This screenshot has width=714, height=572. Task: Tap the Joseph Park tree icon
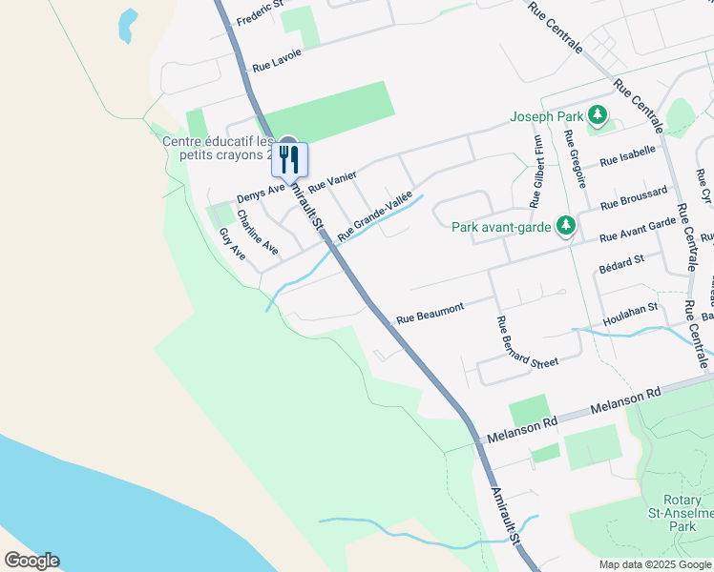(x=598, y=116)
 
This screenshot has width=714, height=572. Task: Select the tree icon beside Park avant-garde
(x=567, y=226)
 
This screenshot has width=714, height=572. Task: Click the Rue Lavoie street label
(x=277, y=60)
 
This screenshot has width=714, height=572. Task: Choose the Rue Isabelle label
(x=627, y=156)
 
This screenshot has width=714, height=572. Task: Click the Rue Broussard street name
(x=634, y=198)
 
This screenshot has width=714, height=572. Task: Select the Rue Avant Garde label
(x=638, y=230)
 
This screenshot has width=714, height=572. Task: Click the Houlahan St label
(x=631, y=311)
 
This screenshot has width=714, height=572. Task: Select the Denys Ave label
(x=261, y=193)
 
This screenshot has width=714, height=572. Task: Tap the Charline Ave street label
(x=258, y=233)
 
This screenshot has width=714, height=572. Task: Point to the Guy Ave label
(x=232, y=244)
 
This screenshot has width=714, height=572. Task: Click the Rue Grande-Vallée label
(x=374, y=214)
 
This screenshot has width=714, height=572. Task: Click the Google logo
(x=31, y=561)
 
